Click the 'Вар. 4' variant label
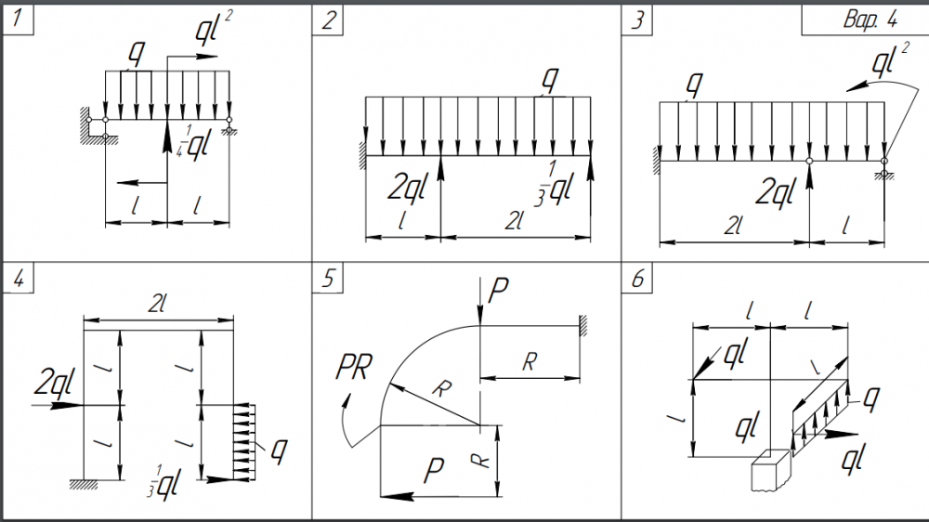[x=870, y=20]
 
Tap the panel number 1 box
[x=18, y=19]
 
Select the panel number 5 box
[x=328, y=278]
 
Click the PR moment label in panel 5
[x=354, y=367]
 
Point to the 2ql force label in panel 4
[x=55, y=382]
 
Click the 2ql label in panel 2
[x=407, y=188]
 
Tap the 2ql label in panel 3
[x=775, y=192]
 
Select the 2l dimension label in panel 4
[x=156, y=304]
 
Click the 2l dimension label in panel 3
[x=733, y=226]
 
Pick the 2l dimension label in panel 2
[x=515, y=222]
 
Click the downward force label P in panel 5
[x=498, y=291]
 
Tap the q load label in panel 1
[x=137, y=55]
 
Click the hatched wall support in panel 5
[x=583, y=326]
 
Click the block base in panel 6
[x=771, y=471]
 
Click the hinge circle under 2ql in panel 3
[x=809, y=162]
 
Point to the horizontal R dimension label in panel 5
[x=530, y=360]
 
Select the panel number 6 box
[x=637, y=278]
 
